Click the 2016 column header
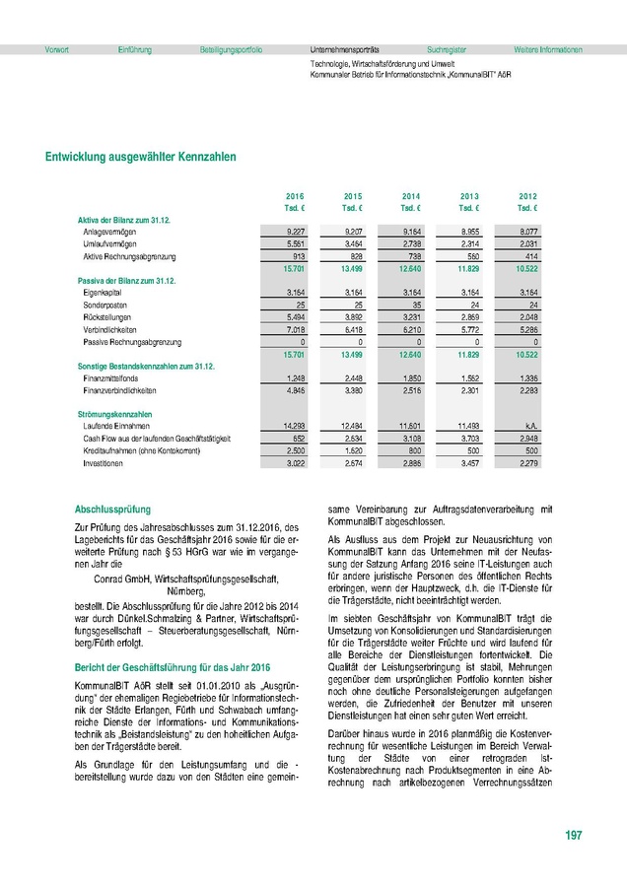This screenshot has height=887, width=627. pyautogui.click(x=294, y=195)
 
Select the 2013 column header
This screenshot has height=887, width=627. pyautogui.click(x=469, y=195)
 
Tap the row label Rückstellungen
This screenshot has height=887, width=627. pyautogui.click(x=107, y=317)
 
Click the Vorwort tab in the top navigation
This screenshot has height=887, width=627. pyautogui.click(x=56, y=49)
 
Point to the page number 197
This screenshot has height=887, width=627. pyautogui.click(x=573, y=836)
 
